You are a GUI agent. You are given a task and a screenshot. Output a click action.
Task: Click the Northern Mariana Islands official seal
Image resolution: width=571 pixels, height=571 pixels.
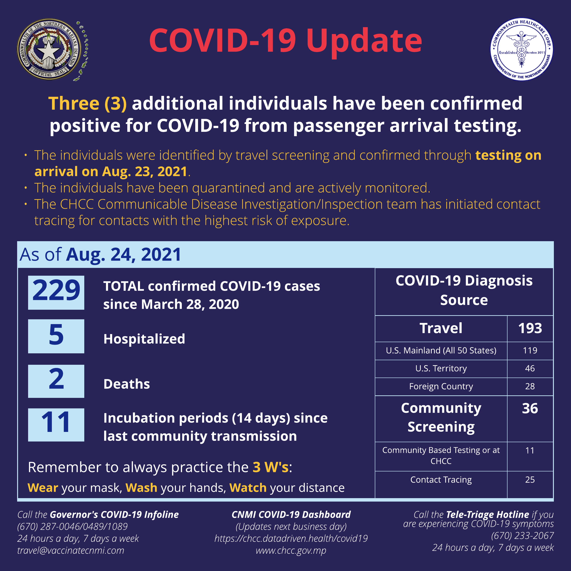pyautogui.click(x=49, y=49)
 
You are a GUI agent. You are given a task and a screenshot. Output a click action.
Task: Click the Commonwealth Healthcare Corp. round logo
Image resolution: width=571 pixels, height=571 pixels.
pyautogui.click(x=522, y=49)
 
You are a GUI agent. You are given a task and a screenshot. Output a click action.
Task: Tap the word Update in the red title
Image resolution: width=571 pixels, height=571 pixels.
pyautogui.click(x=364, y=41)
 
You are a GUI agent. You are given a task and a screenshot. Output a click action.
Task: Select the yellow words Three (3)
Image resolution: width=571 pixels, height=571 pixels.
pyautogui.click(x=87, y=104)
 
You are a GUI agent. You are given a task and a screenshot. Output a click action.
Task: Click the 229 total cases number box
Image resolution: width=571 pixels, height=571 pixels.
pyautogui.click(x=56, y=293)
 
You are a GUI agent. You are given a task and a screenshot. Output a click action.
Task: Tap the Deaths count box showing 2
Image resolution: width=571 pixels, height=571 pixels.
pyautogui.click(x=56, y=381)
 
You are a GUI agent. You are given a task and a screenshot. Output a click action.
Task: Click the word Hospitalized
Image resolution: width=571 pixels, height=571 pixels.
pyautogui.click(x=144, y=339)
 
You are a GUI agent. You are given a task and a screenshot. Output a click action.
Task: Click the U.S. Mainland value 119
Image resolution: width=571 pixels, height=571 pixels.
pyautogui.click(x=530, y=351)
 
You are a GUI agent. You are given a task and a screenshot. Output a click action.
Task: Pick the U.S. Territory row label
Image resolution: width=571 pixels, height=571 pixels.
pyautogui.click(x=441, y=369)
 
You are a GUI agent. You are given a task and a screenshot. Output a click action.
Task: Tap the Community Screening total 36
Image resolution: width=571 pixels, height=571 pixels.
pyautogui.click(x=530, y=408)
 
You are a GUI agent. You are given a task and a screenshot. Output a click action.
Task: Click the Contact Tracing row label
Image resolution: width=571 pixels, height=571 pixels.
pyautogui.click(x=441, y=480)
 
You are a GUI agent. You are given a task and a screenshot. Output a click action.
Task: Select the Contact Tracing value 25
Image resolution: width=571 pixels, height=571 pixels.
pyautogui.click(x=530, y=480)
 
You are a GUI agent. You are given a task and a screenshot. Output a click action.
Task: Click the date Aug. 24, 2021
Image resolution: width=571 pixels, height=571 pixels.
pyautogui.click(x=124, y=255)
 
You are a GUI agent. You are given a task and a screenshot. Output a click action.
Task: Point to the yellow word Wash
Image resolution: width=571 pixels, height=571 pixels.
pyautogui.click(x=141, y=488)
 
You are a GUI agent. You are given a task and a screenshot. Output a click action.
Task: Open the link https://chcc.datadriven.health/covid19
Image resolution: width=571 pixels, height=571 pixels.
pyautogui.click(x=291, y=539)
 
